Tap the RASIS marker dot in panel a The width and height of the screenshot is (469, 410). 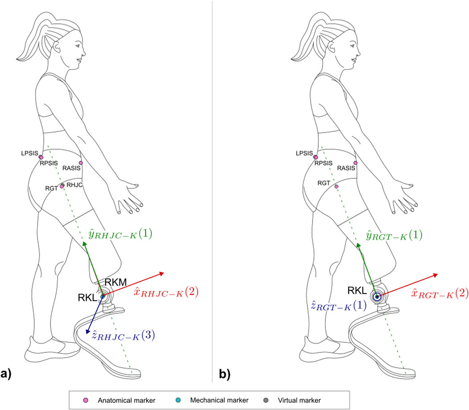[x=81, y=163]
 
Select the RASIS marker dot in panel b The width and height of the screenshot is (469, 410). [x=355, y=163]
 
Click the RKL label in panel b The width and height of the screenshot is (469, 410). [x=357, y=291]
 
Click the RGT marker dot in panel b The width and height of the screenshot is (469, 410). [x=337, y=186]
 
